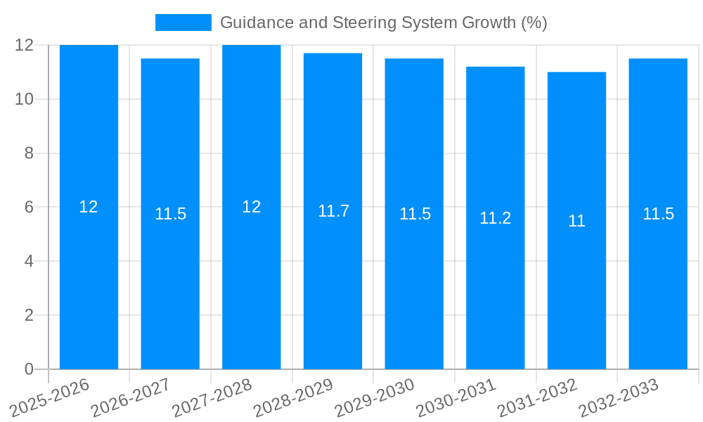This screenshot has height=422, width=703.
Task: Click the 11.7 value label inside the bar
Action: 333,211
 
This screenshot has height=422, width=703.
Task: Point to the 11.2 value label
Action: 495,218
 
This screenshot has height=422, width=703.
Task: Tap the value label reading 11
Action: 576,221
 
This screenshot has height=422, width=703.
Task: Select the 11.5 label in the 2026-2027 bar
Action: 170,214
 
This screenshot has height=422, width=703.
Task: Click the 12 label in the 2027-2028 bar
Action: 251,207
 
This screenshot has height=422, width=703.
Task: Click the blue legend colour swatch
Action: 183,23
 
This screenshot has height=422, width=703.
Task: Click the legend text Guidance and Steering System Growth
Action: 383,23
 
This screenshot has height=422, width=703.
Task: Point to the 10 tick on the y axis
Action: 25,99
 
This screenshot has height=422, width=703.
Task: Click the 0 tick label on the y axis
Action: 29,369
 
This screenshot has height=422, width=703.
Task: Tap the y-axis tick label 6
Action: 29,207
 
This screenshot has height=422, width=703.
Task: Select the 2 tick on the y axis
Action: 29,315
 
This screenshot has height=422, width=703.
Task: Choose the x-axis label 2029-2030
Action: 374,397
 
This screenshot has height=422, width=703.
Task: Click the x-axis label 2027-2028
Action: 212,397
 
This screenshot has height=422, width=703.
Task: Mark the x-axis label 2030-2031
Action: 456,397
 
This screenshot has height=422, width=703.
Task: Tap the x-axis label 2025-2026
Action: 49,397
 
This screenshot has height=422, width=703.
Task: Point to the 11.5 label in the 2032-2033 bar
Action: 658,214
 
